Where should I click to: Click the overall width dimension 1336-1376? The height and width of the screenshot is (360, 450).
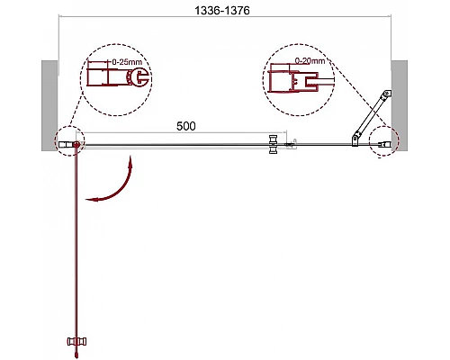[x=222, y=11]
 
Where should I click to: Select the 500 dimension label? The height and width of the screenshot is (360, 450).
[x=186, y=126]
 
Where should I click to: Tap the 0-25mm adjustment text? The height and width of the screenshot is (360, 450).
[x=127, y=62]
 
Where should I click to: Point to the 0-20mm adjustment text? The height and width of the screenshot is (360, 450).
[x=310, y=60]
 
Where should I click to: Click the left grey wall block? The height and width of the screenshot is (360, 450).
[x=49, y=105]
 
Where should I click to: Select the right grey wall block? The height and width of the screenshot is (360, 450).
[x=400, y=105]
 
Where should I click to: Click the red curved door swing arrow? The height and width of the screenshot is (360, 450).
[x=115, y=187]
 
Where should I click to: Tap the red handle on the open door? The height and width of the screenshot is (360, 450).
[x=77, y=341]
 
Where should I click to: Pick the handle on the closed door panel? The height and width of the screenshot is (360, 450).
[x=274, y=144]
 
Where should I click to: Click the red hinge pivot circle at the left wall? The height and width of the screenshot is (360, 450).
[x=76, y=144]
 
